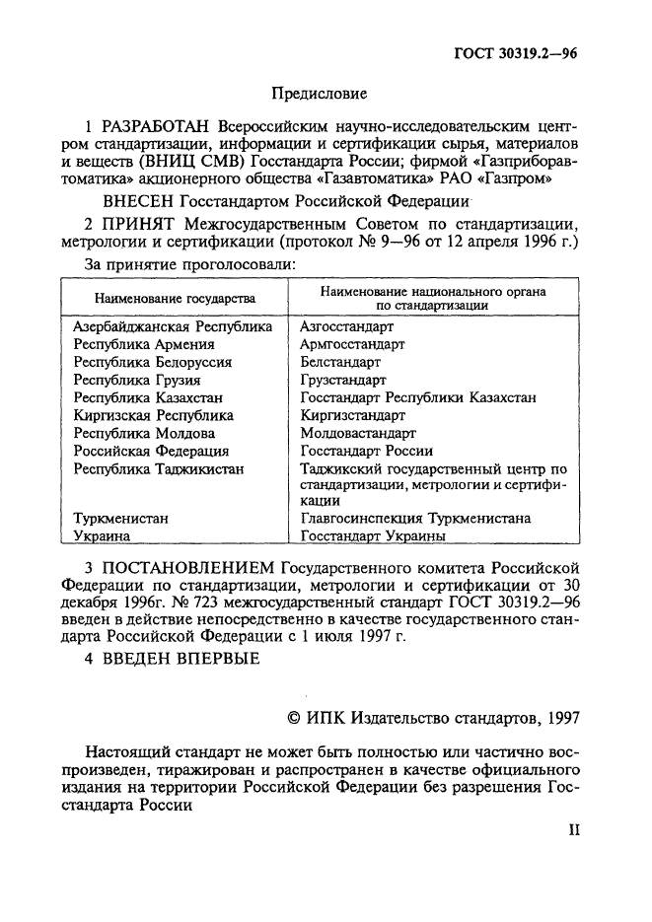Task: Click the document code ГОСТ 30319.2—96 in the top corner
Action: click(517, 55)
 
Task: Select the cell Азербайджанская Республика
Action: click(173, 326)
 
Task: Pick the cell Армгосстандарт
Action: click(351, 344)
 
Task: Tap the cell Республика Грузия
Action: click(137, 380)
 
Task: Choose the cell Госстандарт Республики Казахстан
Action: click(417, 397)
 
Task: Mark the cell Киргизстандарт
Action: click(351, 415)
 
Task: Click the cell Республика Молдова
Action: click(144, 433)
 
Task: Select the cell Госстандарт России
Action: click(366, 451)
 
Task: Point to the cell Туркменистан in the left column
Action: click(120, 518)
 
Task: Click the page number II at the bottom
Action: click(574, 829)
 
